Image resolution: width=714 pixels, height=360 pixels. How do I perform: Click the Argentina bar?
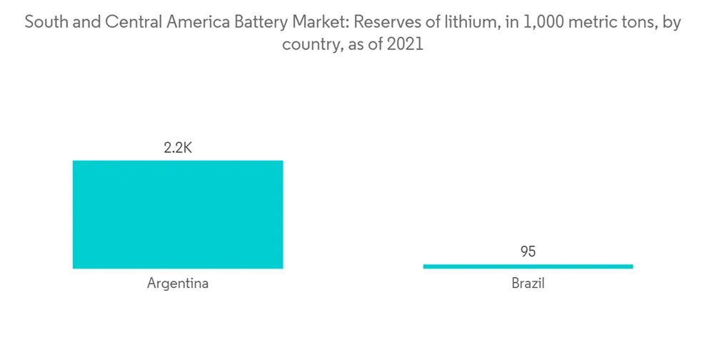[x=178, y=214]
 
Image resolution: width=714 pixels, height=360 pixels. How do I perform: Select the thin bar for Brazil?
[x=528, y=266]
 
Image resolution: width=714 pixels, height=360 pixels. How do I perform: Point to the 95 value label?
[x=528, y=251]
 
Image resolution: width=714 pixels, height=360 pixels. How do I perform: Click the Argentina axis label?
[x=178, y=283]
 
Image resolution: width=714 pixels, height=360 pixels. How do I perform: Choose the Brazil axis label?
[x=528, y=283]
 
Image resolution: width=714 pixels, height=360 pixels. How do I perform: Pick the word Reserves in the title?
[x=386, y=23]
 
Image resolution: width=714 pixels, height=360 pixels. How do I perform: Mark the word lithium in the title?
[x=461, y=23]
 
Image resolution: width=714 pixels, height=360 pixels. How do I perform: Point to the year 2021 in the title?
[x=406, y=44]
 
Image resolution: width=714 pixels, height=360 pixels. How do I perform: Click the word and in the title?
[x=85, y=23]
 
